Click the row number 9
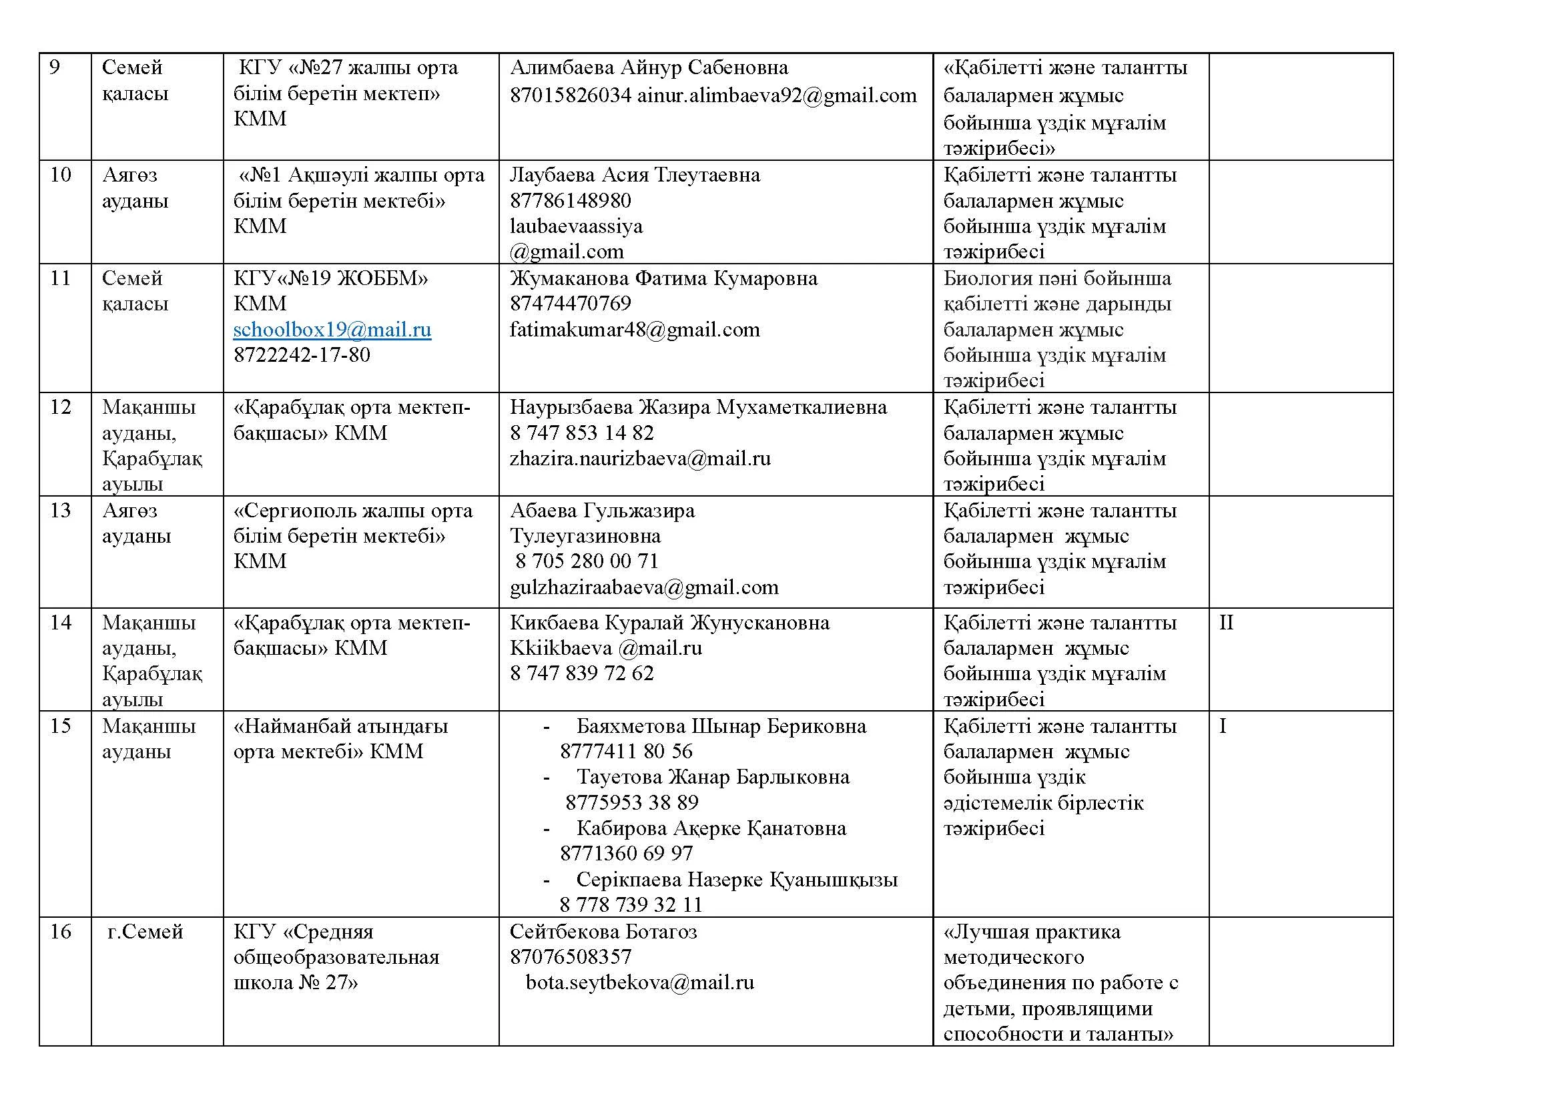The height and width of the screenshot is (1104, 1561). point(55,67)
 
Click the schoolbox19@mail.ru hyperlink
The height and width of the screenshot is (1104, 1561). point(332,330)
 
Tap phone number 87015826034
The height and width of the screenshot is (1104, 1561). point(571,95)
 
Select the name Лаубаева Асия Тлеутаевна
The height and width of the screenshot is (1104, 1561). point(634,176)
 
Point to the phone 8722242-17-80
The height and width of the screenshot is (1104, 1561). point(301,355)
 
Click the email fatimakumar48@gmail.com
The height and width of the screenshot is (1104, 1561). point(634,330)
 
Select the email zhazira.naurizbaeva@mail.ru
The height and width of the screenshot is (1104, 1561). point(640,459)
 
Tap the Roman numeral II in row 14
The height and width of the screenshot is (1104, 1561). point(1226,623)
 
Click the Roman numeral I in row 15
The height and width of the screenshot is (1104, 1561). point(1223,726)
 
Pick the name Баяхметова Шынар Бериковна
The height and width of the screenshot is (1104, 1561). point(721,726)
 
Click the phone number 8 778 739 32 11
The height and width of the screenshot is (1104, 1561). point(630,905)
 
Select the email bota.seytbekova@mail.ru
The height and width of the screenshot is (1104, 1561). point(640,983)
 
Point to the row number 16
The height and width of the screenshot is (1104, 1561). point(61,931)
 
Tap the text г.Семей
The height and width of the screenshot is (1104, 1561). point(145,931)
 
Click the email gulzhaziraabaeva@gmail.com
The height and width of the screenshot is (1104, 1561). point(644,587)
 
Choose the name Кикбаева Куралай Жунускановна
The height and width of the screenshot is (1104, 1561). point(669,623)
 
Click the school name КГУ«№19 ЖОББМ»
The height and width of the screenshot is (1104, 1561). point(330,279)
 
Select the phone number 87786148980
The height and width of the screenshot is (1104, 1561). point(570,201)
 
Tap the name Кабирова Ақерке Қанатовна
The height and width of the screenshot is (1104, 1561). point(711,828)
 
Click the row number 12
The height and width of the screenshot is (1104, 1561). point(61,407)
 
